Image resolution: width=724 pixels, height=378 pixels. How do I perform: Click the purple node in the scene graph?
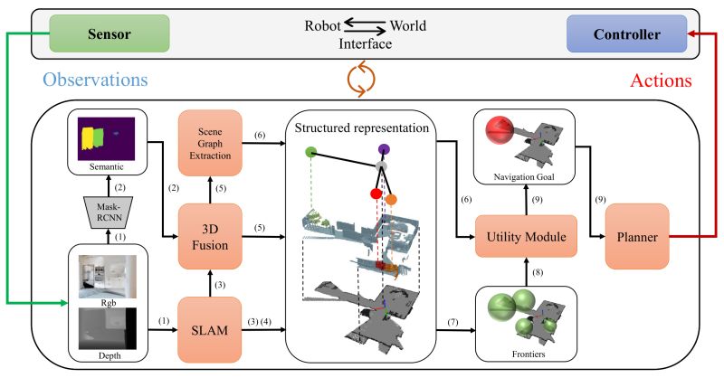(384, 149)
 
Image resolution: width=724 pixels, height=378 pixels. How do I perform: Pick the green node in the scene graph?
(311, 151)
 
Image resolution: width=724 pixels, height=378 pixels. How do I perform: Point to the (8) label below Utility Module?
(540, 273)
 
